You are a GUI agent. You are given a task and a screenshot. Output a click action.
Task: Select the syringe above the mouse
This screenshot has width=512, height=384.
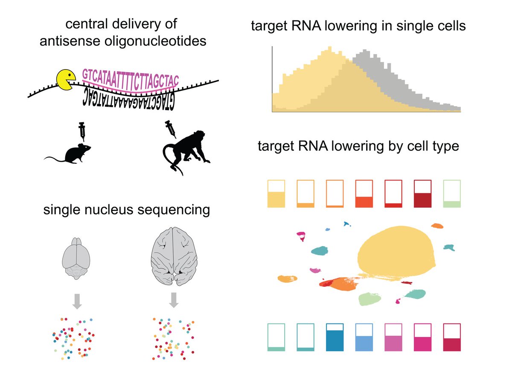(x=83, y=132)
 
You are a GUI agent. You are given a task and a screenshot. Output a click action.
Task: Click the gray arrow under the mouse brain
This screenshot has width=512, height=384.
(x=77, y=300)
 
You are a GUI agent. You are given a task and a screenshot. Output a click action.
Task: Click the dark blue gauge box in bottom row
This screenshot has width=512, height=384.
(x=335, y=337)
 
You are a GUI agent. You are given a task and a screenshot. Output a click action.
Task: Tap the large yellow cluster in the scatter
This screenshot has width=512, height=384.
(x=397, y=252)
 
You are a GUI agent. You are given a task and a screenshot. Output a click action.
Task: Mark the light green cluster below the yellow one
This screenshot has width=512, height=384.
(x=369, y=299)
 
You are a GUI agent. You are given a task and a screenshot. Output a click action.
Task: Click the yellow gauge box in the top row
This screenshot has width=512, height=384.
(x=276, y=194)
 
